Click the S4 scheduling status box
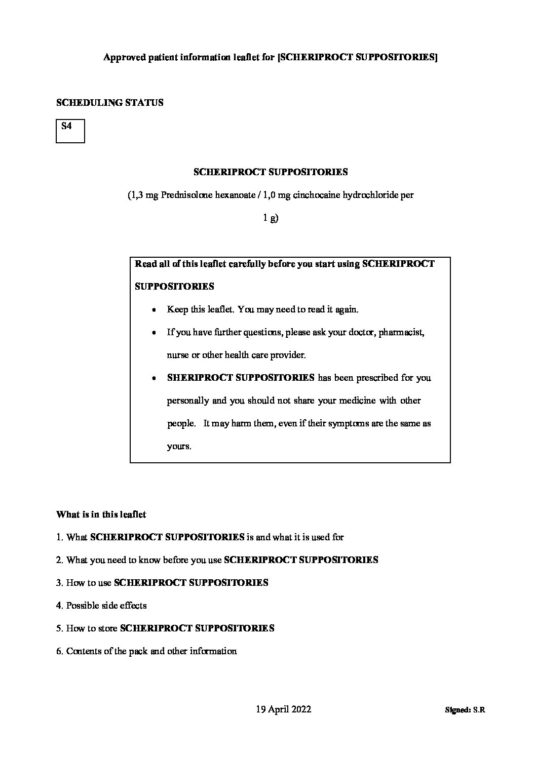click(70, 131)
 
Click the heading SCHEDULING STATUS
click(109, 102)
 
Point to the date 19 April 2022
click(284, 709)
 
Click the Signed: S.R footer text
click(465, 710)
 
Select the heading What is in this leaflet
click(101, 514)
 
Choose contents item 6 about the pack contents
click(146, 651)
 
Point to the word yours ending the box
click(178, 447)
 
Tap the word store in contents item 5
click(107, 628)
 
